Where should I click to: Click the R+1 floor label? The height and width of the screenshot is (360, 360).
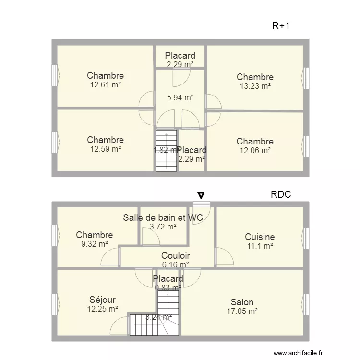pyautogui.click(x=281, y=26)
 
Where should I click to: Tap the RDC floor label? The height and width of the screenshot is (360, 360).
pyautogui.click(x=281, y=194)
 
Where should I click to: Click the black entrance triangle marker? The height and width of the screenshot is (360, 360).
pyautogui.click(x=201, y=195)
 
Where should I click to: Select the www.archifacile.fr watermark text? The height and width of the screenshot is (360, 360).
pyautogui.click(x=298, y=353)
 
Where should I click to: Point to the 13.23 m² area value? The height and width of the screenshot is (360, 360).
pyautogui.click(x=255, y=86)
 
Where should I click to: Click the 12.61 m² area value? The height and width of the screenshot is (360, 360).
pyautogui.click(x=106, y=84)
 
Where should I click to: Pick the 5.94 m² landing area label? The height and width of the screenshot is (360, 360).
pyautogui.click(x=180, y=97)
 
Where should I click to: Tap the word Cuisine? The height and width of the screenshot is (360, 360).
pyautogui.click(x=260, y=237)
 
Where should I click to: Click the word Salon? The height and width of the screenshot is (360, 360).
pyautogui.click(x=242, y=302)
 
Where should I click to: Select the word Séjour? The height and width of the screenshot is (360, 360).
pyautogui.click(x=102, y=300)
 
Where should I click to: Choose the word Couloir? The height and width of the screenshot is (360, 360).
pyautogui.click(x=175, y=255)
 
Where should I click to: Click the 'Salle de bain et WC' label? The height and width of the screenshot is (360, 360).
pyautogui.click(x=163, y=217)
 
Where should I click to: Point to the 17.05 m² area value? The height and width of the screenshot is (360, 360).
pyautogui.click(x=242, y=312)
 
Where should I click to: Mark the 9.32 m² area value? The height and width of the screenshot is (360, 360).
pyautogui.click(x=95, y=244)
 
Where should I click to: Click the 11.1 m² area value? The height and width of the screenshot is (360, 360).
pyautogui.click(x=260, y=246)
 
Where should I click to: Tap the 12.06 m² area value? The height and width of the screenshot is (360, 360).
pyautogui.click(x=255, y=150)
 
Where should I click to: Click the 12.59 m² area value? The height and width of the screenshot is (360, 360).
pyautogui.click(x=106, y=149)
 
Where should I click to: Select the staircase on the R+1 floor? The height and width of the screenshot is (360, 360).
pyautogui.click(x=166, y=151)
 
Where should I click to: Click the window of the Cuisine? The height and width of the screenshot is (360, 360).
pyautogui.click(x=306, y=238)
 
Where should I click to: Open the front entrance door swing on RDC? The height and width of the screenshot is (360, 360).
pyautogui.click(x=201, y=214)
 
